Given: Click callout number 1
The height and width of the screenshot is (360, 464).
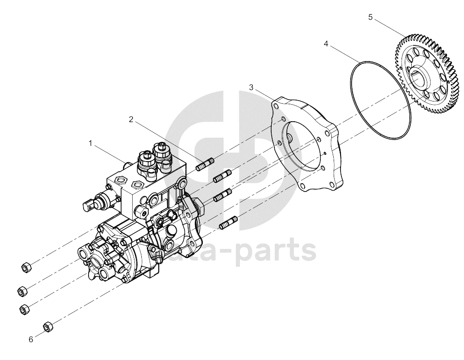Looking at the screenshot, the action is pos(91,144).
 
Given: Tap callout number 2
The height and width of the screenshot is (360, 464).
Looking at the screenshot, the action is pos(131,119).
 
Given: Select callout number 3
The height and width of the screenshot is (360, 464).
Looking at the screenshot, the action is pos(251,87).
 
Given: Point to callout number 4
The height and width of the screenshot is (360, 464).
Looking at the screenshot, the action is pos(326,44).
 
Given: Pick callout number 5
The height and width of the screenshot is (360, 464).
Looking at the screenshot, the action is pos(370,17).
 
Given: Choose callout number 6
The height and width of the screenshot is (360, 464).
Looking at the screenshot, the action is pos(31,340).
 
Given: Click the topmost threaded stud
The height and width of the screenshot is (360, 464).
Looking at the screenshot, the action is pos(205,165).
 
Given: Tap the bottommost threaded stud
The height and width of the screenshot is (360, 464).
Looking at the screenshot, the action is pos(228,223).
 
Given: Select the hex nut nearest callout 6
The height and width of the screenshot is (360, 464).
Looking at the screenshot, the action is pos(48,326).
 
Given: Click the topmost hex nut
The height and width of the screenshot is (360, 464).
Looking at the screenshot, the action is pos(26,267).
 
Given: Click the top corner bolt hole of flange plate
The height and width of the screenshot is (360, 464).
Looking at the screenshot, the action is pos(276,106).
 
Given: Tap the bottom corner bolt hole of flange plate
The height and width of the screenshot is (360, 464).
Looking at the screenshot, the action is pos(302,186).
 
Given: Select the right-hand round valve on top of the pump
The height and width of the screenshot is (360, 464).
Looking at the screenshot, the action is pos(162,154).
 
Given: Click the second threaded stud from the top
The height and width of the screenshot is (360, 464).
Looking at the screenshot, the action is pos(223,176).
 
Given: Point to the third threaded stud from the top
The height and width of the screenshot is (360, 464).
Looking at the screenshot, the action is pos(223,195).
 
